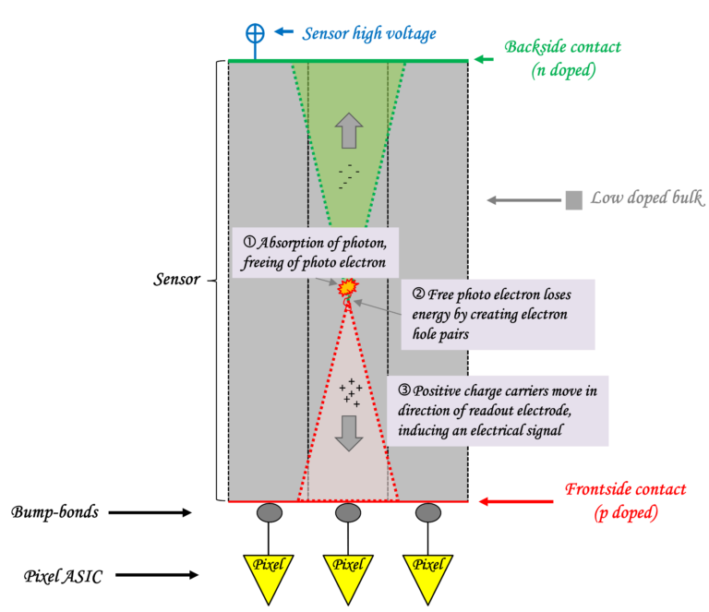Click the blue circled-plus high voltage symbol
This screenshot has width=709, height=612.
tap(255, 33)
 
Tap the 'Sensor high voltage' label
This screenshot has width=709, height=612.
tap(369, 33)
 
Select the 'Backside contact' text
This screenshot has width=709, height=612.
tap(562, 46)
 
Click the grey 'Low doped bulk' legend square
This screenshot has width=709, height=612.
tap(574, 200)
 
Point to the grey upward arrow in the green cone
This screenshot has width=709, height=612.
tap(349, 131)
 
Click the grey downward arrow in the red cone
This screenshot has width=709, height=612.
tap(349, 434)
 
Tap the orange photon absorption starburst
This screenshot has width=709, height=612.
tap(348, 287)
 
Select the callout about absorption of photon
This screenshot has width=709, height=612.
tap(315, 252)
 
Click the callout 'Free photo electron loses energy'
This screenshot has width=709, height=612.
tap(498, 315)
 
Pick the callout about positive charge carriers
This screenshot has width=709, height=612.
tap(498, 411)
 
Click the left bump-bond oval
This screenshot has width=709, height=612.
tap(270, 513)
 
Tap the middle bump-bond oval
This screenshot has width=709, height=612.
tap(348, 513)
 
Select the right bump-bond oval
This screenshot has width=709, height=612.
tap(428, 513)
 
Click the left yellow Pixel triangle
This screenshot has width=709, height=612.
tap(269, 573)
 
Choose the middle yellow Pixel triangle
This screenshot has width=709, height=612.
tap(348, 573)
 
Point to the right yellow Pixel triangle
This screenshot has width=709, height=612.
tap(427, 573)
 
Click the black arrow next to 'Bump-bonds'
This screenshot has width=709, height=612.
tap(150, 512)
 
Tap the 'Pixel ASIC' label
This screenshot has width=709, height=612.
tap(63, 576)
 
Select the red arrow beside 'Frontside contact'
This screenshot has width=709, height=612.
tap(516, 501)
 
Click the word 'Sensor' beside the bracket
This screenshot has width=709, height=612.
tap(177, 280)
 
